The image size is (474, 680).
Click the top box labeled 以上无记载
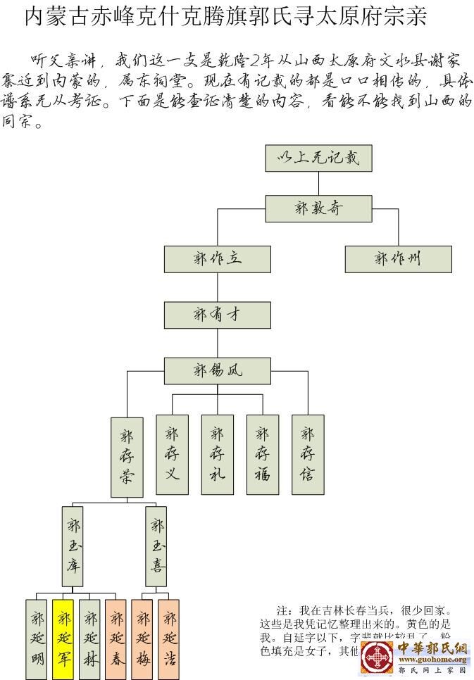click(x=318, y=158)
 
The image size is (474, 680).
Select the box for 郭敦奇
click(x=318, y=208)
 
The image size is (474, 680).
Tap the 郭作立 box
click(x=217, y=259)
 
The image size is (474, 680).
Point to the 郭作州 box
click(x=398, y=259)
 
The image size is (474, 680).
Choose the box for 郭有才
click(x=217, y=315)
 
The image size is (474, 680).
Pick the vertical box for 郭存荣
click(x=127, y=457)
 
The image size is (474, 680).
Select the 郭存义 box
click(x=172, y=453)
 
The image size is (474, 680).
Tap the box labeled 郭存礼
click(x=217, y=453)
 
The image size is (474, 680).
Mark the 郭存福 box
click(x=263, y=453)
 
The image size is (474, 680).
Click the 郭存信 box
click(x=308, y=453)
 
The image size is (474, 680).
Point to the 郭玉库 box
click(x=72, y=546)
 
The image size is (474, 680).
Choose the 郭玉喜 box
click(x=156, y=546)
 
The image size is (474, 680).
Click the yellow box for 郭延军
click(x=63, y=638)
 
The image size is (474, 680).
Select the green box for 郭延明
click(x=37, y=638)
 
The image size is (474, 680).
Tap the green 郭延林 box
click(x=90, y=638)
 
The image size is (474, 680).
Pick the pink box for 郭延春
click(x=116, y=638)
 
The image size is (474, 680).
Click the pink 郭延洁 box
click(x=169, y=638)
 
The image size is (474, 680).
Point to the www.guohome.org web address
click(x=433, y=660)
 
